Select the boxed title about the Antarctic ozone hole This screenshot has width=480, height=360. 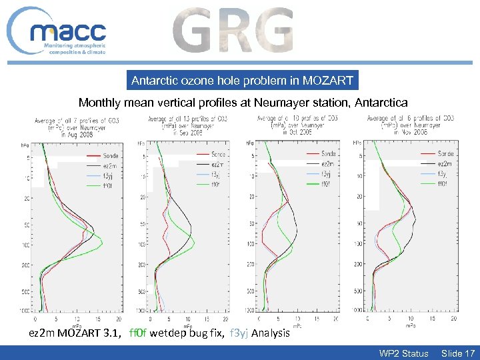coord(242,81)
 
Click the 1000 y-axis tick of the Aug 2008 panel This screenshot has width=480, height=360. coord(25,311)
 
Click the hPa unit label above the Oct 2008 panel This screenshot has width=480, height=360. coord(250,143)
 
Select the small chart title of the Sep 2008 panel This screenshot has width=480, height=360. coord(177,125)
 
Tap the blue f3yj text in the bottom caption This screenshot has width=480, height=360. coord(239,333)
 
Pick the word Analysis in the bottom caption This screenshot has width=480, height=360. coord(271,333)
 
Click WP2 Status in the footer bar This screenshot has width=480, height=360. coord(403,353)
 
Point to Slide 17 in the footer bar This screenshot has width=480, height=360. coord(458,353)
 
